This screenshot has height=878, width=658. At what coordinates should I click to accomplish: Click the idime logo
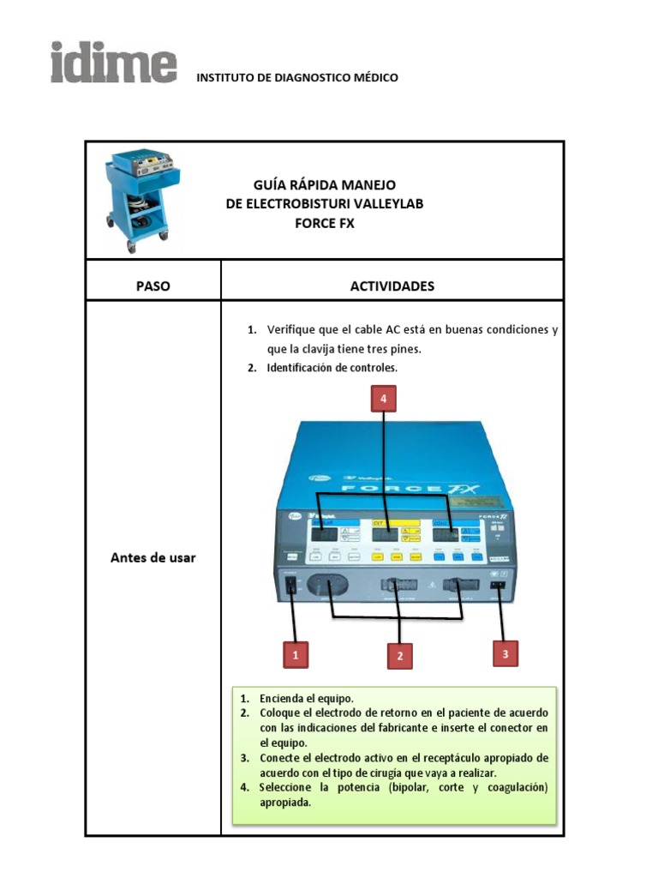click(x=113, y=62)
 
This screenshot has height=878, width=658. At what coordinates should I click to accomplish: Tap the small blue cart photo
click(x=138, y=201)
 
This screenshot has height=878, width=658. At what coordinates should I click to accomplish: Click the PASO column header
click(x=153, y=286)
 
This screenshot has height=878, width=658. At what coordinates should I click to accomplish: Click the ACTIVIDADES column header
click(x=392, y=286)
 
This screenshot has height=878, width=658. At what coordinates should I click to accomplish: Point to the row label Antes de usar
click(x=153, y=557)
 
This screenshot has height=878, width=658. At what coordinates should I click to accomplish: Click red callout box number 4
click(x=383, y=399)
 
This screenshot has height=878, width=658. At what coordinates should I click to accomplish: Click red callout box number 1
click(x=296, y=655)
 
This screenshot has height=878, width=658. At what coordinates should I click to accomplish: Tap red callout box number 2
click(x=399, y=657)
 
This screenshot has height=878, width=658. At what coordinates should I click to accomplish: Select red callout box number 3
click(x=505, y=653)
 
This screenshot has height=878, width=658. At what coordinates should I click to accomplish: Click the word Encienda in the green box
click(x=284, y=698)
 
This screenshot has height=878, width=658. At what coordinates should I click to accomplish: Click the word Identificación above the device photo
click(x=308, y=369)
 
